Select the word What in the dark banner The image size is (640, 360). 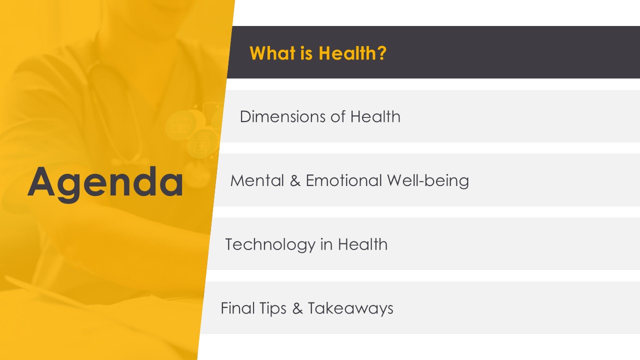click(273, 53)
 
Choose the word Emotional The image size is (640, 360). click(343, 180)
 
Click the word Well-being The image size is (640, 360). click(428, 181)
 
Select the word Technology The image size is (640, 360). click(270, 245)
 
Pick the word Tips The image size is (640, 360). click(273, 308)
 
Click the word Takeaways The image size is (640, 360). click(350, 308)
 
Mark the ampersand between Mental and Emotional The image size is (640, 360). click(295, 180)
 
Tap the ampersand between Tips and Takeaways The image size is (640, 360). click(297, 308)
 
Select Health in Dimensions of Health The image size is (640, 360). click(375, 116)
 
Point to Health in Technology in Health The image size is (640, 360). click(363, 244)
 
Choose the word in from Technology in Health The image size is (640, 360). click(326, 244)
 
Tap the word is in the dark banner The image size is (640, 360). click(306, 53)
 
